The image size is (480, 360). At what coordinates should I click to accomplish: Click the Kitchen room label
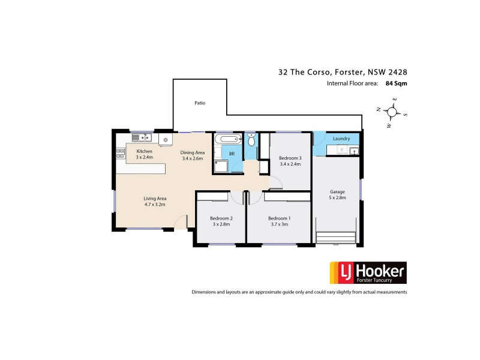(145, 151)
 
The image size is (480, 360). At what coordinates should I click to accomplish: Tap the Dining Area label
(193, 152)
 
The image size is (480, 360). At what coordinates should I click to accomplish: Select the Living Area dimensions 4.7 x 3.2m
(154, 205)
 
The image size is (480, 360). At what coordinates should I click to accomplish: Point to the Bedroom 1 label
(279, 218)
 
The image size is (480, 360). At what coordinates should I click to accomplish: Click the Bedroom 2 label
(220, 218)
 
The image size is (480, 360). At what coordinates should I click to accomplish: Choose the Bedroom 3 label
(290, 158)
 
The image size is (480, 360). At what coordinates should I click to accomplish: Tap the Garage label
(337, 192)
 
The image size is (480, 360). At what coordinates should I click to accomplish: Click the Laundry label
(341, 139)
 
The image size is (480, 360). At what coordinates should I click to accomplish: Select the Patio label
(200, 103)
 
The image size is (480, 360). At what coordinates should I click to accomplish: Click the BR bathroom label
(232, 154)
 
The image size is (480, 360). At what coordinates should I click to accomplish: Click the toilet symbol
(251, 140)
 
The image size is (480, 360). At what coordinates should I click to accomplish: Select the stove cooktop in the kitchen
(120, 154)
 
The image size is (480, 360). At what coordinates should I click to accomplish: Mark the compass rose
(392, 112)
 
